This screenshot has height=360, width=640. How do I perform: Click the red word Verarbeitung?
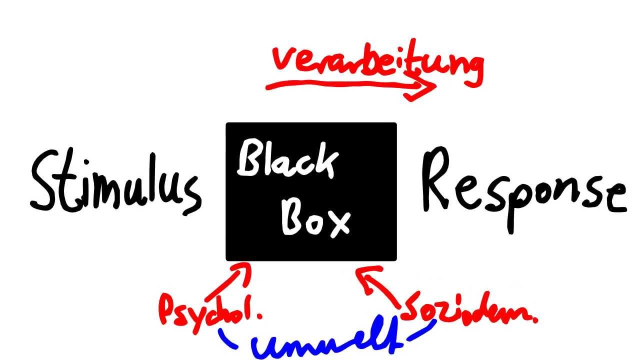pos(378,62)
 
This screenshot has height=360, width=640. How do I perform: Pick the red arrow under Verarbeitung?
pos(350,86)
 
